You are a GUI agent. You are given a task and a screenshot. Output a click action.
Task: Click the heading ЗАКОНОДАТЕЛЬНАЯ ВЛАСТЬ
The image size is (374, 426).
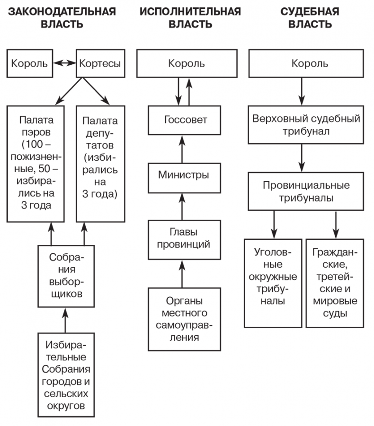coord(61,17)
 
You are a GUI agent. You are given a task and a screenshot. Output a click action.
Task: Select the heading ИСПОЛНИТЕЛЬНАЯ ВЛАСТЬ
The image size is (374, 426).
coord(190,17)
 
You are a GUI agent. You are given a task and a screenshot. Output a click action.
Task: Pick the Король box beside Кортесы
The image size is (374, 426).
coord(29,63)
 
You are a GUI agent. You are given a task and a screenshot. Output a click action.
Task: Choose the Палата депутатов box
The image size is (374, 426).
coord(101,163)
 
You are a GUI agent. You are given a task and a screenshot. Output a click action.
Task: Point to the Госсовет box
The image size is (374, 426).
coord(186,120)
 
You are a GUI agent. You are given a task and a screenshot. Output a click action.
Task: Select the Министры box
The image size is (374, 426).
coord(184,175)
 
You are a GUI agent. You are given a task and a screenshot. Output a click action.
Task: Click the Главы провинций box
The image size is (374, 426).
coord(184,238)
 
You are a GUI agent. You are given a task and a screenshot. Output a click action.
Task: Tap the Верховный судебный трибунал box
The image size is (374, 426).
coord(306,124)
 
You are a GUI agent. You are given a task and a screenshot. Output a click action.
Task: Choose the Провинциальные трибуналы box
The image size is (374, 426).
coord(306,191)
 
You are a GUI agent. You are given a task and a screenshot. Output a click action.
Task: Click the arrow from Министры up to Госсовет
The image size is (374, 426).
coord(180,148)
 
